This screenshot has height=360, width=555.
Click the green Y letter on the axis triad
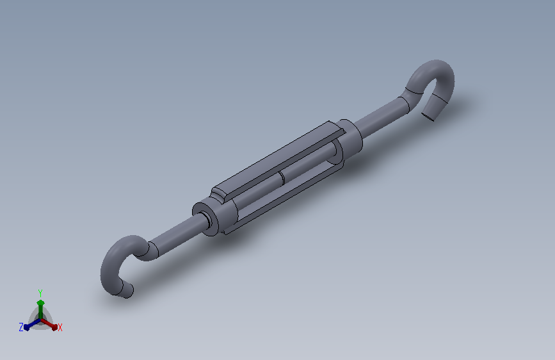40,292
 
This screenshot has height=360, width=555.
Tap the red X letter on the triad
60,328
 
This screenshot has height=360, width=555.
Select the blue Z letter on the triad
21,327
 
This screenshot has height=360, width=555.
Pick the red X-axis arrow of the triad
51,323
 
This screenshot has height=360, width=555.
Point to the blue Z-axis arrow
29,324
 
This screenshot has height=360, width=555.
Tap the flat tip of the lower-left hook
125,293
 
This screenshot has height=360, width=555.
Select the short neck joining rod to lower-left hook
152,250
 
